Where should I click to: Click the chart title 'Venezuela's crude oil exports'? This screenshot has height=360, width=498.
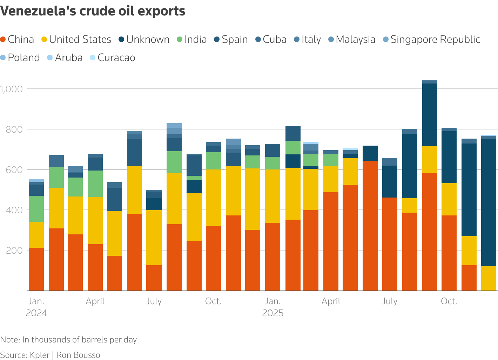pyautogui.click(x=93, y=11)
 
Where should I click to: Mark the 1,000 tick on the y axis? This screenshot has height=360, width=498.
pyautogui.click(x=11, y=89)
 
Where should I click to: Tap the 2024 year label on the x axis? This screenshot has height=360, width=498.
pyautogui.click(x=36, y=313)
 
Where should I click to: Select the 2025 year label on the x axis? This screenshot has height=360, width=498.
pyautogui.click(x=272, y=313)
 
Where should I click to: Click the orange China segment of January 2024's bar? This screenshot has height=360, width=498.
pyautogui.click(x=36, y=269)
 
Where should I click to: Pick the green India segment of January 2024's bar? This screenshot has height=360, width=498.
pyautogui.click(x=36, y=208)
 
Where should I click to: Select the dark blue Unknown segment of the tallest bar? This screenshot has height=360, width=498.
pyautogui.click(x=430, y=115)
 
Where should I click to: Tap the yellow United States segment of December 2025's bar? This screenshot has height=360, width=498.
pyautogui.click(x=489, y=278)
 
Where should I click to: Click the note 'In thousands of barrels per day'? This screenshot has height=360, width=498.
pyautogui.click(x=80, y=340)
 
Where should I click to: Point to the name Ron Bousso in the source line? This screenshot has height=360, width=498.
pyautogui.click(x=78, y=355)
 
